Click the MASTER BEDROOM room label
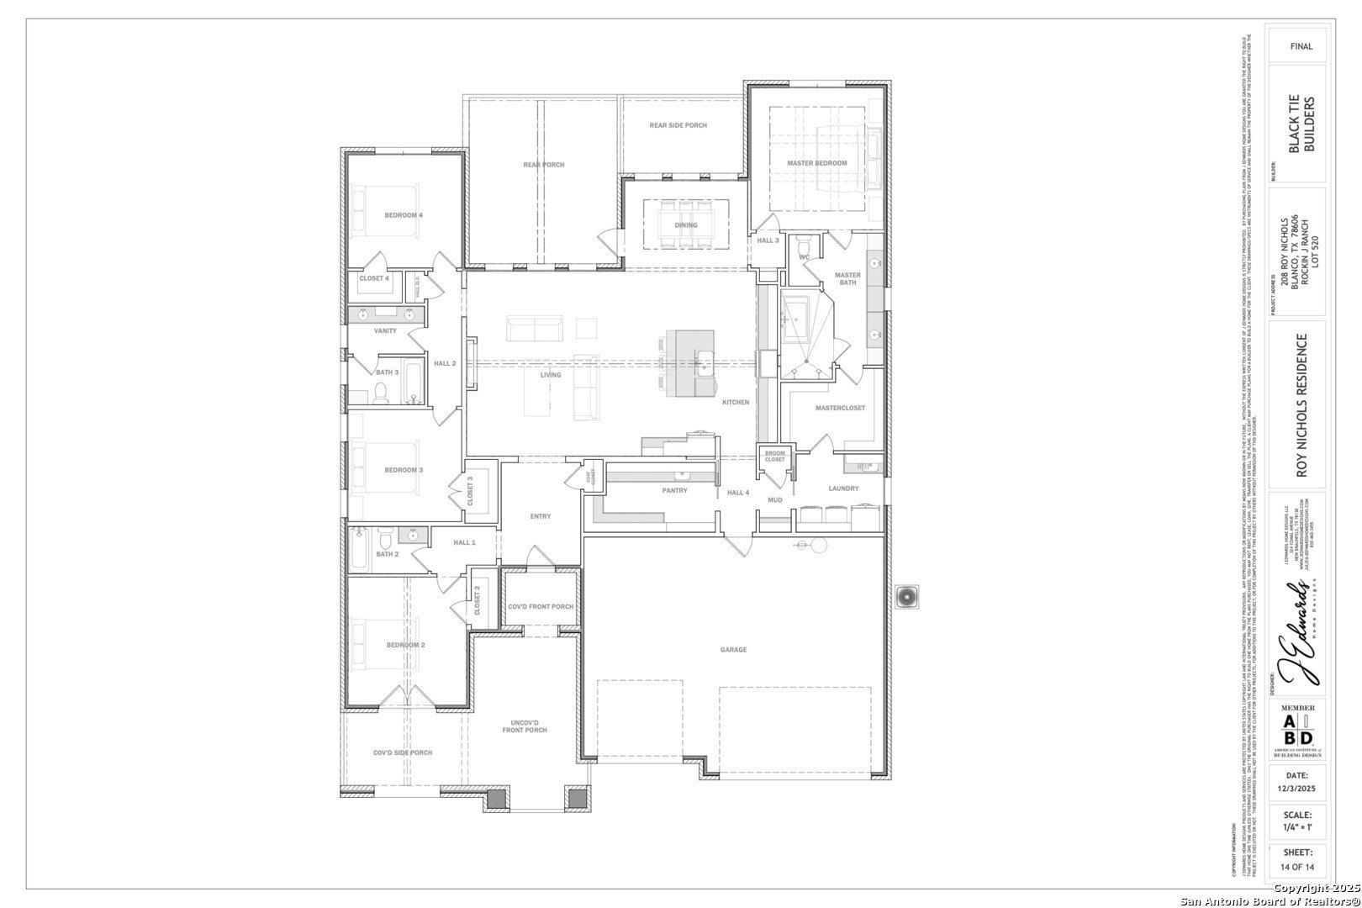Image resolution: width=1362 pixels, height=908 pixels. point(816,162)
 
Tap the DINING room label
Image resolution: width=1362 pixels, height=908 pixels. point(685,224)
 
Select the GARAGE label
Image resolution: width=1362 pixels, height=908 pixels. point(733,649)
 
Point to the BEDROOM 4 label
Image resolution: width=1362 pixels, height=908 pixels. point(404,215)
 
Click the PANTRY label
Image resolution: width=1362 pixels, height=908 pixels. point(674,490)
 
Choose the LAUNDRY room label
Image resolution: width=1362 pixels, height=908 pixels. point(843,488)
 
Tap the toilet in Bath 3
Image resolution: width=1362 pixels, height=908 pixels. point(380,393)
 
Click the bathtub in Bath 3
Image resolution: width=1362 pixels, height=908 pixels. point(413,381)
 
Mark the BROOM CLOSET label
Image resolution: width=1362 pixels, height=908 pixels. point(774,457)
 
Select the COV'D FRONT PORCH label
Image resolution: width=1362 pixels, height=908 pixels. point(541,606)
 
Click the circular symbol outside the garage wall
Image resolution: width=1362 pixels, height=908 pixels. point(907,596)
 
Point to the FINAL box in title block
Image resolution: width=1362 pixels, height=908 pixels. point(1301,46)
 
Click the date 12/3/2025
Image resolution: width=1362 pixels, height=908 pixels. point(1296,789)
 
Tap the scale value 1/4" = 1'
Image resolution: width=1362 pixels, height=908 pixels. point(1296,827)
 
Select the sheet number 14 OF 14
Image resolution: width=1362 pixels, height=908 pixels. point(1296,867)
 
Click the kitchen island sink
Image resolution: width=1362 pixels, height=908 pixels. point(704,363)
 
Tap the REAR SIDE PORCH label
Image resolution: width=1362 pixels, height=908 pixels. point(678,125)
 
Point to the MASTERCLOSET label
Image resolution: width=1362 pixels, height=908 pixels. point(840,408)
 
